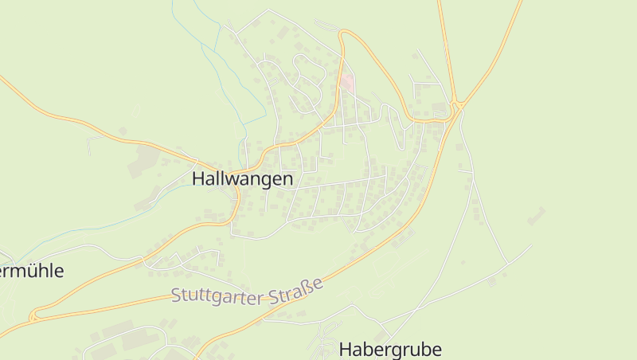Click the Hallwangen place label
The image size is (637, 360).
click(x=242, y=179)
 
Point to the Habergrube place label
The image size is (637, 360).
click(x=390, y=349)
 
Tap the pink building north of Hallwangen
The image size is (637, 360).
click(x=346, y=83)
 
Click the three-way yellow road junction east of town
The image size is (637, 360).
click(x=457, y=105)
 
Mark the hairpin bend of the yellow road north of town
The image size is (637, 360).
click(x=343, y=33)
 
